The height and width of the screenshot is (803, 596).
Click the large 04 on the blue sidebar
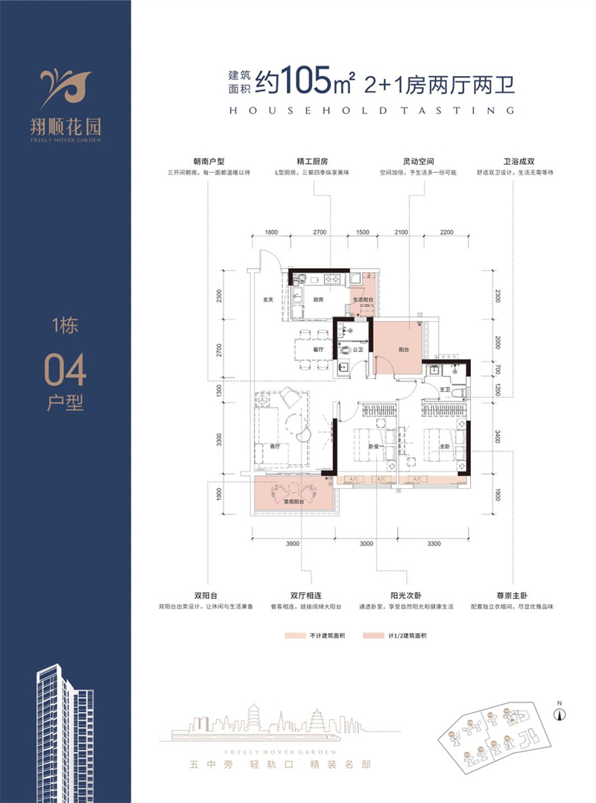pos(66,369)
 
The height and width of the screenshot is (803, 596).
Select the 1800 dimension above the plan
pos(271,233)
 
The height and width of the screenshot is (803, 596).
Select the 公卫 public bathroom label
pos(358,349)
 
